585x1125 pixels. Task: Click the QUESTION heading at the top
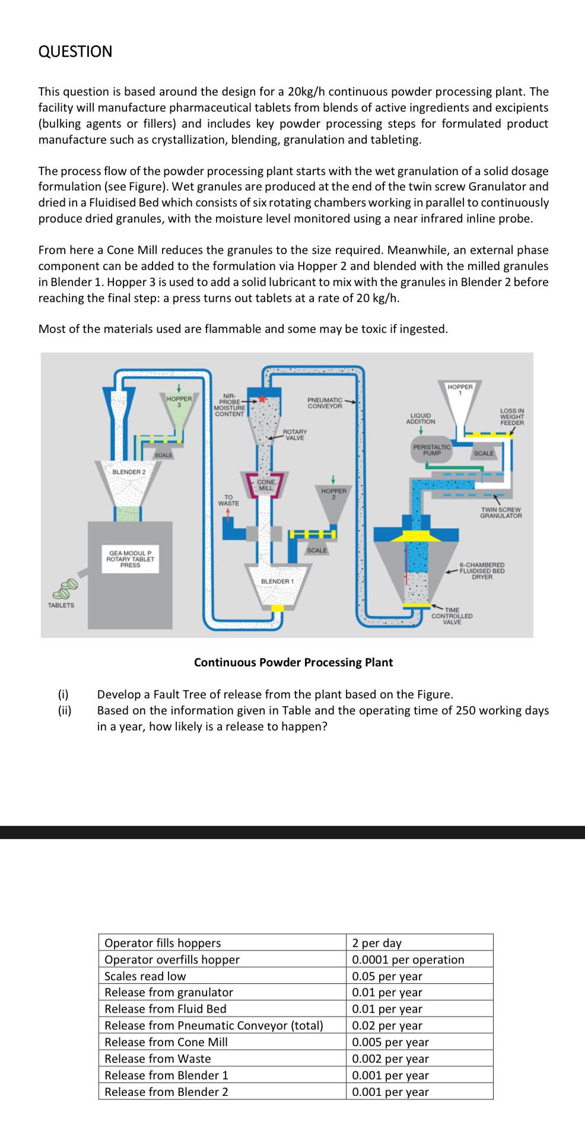pyautogui.click(x=75, y=52)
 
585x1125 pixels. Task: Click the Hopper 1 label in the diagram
pyautogui.click(x=460, y=389)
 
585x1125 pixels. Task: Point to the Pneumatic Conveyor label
pyautogui.click(x=325, y=403)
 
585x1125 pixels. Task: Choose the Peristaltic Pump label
pyautogui.click(x=432, y=449)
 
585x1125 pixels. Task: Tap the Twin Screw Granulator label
pyautogui.click(x=501, y=513)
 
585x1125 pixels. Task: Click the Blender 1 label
pyautogui.click(x=278, y=581)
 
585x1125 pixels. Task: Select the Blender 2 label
pyautogui.click(x=129, y=471)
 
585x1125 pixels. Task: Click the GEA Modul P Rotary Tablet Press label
pyautogui.click(x=130, y=559)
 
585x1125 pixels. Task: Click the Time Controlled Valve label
pyautogui.click(x=452, y=616)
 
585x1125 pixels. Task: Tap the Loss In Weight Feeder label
pyautogui.click(x=512, y=417)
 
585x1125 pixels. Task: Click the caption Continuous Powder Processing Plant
pyautogui.click(x=293, y=662)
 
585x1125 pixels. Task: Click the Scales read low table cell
pyautogui.click(x=145, y=976)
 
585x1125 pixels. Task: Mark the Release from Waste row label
pyautogui.click(x=157, y=1059)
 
